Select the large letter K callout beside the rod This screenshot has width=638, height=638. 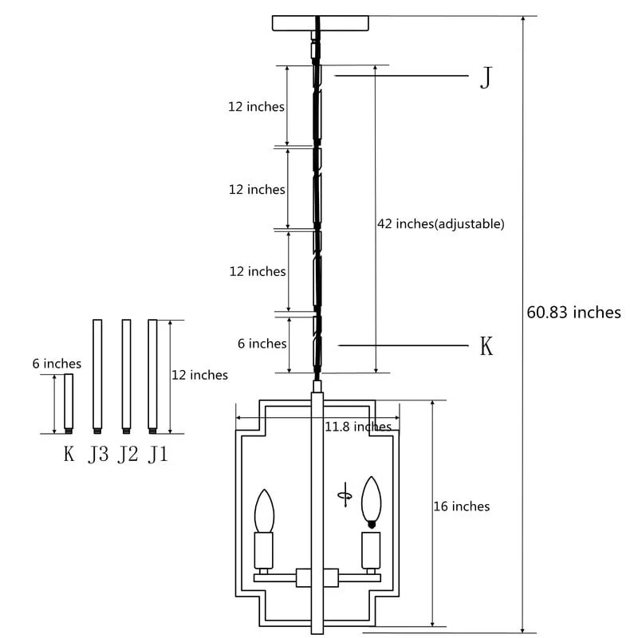tap(486, 346)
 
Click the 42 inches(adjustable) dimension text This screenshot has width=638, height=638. tap(440, 224)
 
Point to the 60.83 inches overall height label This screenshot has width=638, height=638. tap(573, 312)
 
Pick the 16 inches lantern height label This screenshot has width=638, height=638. tap(461, 506)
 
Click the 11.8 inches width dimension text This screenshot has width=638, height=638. tap(358, 427)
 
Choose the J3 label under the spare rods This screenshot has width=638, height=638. tap(98, 455)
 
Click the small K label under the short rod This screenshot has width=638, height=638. tap(69, 455)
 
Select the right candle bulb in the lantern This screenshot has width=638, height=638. tap(370, 500)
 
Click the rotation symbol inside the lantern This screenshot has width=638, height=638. tap(345, 494)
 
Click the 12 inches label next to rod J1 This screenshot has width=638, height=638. tap(199, 375)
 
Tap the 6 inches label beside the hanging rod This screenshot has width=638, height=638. tap(262, 344)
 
